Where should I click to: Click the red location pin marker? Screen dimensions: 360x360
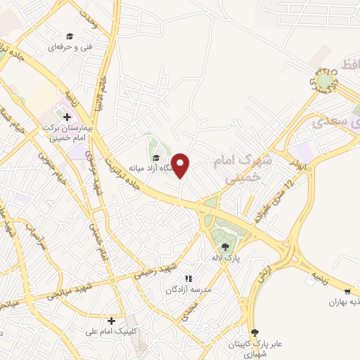[x=181, y=166]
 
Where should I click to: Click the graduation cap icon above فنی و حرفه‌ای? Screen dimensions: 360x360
[x=69, y=36]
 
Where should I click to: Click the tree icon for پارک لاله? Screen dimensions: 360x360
[x=225, y=246]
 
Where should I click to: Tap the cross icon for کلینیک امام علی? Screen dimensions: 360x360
[x=111, y=320]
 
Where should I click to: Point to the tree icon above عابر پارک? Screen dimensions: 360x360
[x=255, y=333]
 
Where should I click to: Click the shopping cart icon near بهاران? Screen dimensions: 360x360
[x=347, y=292]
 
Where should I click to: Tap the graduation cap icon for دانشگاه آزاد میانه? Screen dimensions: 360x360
[x=156, y=157]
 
